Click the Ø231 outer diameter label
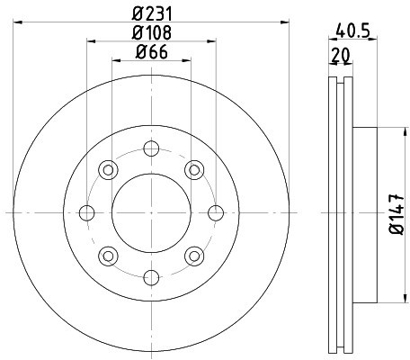[151, 13]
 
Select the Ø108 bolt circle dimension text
[151, 34]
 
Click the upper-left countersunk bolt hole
[109, 169]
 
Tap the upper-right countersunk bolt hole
[193, 169]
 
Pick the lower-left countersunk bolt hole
[109, 255]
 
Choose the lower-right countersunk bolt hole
[193, 255]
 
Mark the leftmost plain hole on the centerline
[87, 212]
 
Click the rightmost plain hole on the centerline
[215, 212]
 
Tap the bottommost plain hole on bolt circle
[151, 276]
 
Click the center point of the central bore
[151, 212]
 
